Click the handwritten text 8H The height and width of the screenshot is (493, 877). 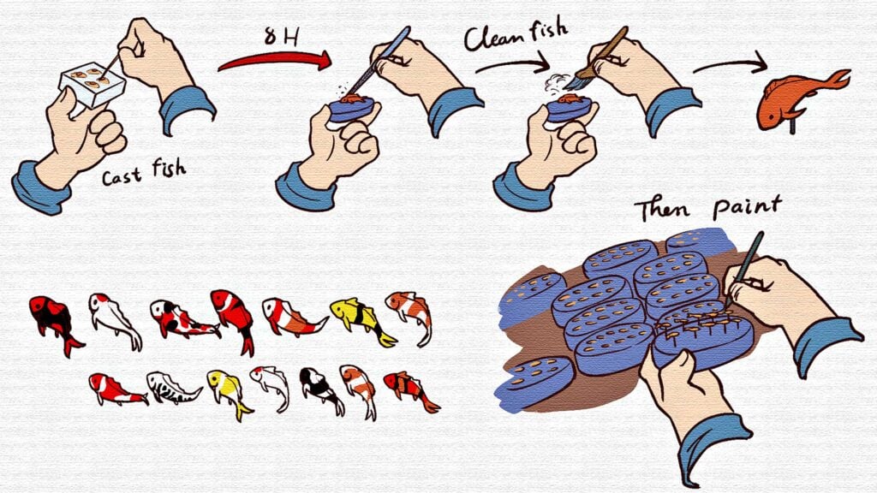pos(281,36)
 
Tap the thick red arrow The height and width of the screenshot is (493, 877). pos(275,59)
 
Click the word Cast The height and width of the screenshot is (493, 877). pos(122,176)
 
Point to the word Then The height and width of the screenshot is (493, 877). pos(662,211)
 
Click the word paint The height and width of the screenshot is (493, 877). pos(747,207)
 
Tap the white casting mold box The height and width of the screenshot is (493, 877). pos(92,83)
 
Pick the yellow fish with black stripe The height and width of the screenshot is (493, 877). pos(361,320)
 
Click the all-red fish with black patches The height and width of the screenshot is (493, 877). pos(55,323)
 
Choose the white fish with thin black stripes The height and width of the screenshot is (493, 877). pos(172,387)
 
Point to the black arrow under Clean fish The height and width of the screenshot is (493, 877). pos(512,65)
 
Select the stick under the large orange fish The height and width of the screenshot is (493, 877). pos(792,126)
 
